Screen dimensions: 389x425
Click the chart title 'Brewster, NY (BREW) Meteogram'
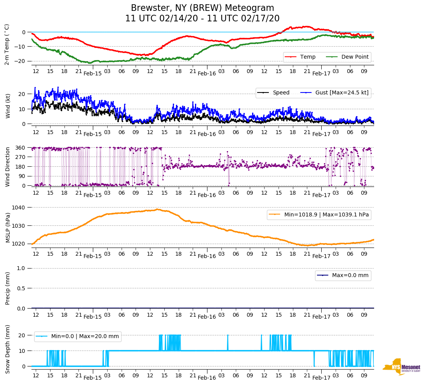202,8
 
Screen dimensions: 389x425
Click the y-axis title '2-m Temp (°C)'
7,44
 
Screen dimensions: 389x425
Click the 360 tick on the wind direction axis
21,148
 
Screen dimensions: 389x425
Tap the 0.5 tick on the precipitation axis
21,288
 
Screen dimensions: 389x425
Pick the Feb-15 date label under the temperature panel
92,73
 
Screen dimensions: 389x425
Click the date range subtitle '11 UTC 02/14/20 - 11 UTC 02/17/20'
202,19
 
